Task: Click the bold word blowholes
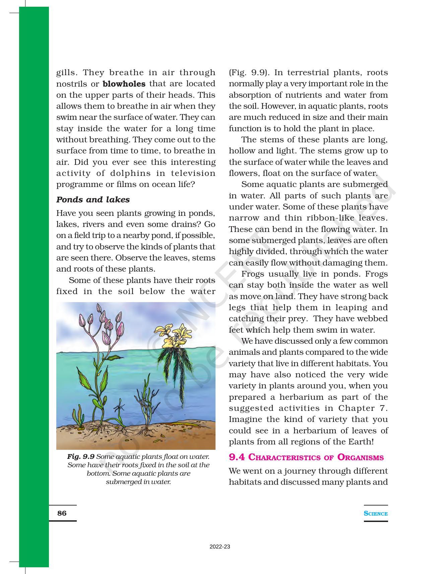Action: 124,84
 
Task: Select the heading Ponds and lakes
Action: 93,200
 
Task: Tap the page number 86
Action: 62,513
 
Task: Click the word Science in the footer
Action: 376,514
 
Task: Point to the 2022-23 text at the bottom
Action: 220,547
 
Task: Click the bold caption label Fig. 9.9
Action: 81,457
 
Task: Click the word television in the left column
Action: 193,173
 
